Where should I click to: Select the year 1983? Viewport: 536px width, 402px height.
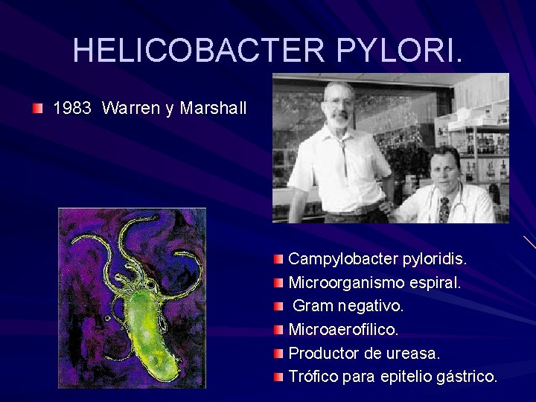pyautogui.click(x=72, y=109)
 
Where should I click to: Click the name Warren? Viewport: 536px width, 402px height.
pyautogui.click(x=130, y=109)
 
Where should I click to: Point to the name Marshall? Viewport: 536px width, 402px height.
pyautogui.click(x=213, y=109)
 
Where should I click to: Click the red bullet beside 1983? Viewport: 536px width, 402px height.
pyautogui.click(x=38, y=109)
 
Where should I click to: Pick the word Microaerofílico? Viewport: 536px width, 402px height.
pyautogui.click(x=343, y=329)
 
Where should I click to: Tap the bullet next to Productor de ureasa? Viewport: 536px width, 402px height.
pyautogui.click(x=278, y=352)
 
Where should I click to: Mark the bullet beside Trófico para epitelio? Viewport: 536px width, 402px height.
pyautogui.click(x=278, y=376)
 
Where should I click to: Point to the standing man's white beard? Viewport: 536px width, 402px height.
pyautogui.click(x=339, y=118)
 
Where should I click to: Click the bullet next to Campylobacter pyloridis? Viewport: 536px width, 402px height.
pyautogui.click(x=278, y=259)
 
